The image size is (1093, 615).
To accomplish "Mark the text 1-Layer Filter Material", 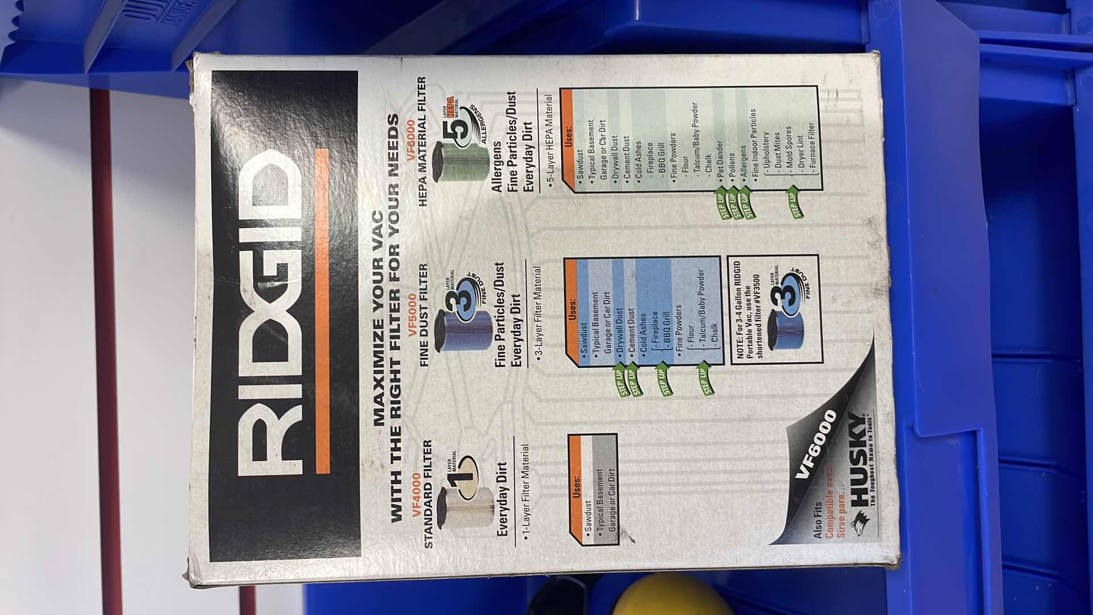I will [x=525, y=493].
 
